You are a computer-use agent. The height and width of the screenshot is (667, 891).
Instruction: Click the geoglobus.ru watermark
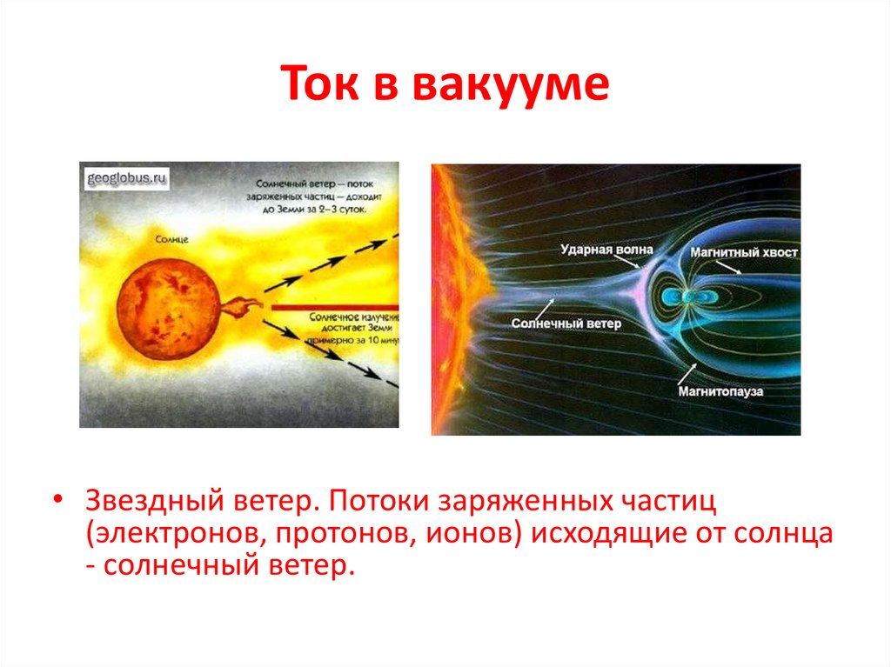[x=126, y=180]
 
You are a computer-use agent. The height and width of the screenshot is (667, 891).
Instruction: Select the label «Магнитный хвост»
[x=743, y=252]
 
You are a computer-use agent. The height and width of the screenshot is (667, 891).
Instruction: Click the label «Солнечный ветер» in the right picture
[x=566, y=323]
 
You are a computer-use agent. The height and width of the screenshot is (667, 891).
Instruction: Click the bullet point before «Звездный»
[x=57, y=504]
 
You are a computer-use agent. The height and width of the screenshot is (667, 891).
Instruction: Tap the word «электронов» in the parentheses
[x=175, y=534]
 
